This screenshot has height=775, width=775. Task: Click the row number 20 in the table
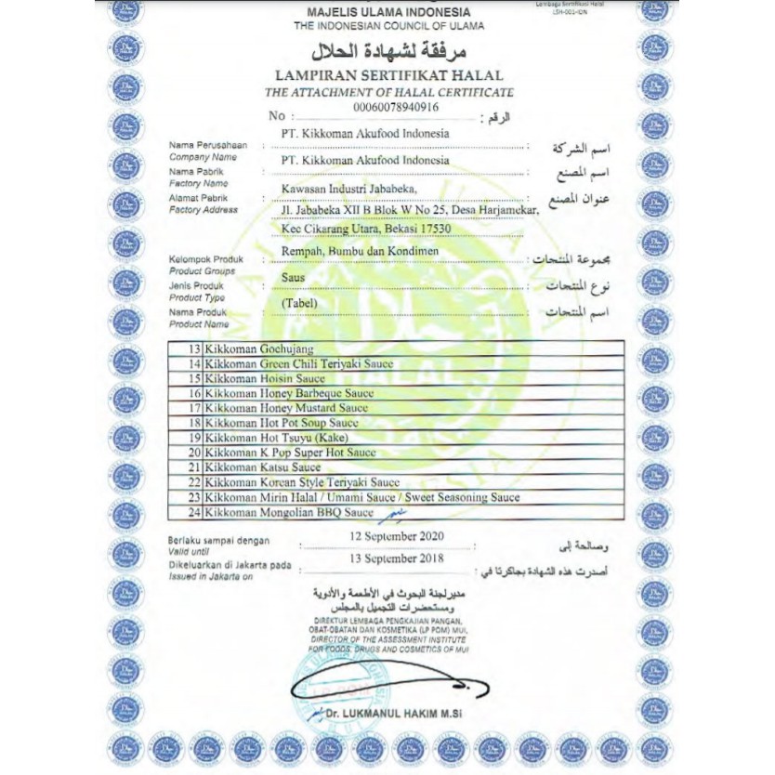click(194, 453)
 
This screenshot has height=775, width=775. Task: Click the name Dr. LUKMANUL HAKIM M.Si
click(402, 713)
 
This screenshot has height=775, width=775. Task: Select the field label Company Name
click(203, 158)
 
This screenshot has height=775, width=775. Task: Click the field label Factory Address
click(204, 211)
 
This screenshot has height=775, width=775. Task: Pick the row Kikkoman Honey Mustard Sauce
click(287, 408)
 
